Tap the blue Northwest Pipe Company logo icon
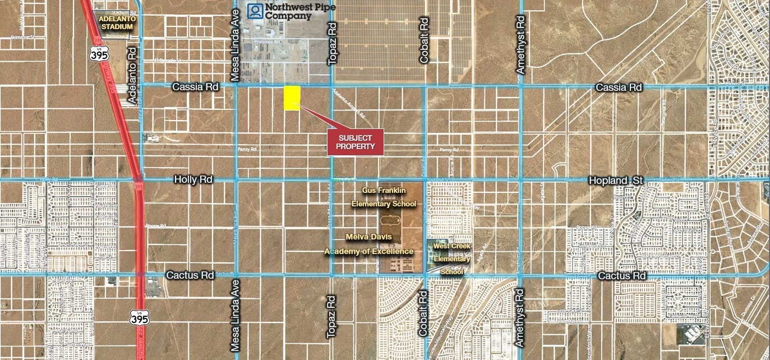256,11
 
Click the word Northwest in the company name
288,7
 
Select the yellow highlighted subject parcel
292,98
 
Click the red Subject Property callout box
355,142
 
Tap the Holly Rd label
193,180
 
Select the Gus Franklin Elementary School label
384,197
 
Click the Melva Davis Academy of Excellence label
368,244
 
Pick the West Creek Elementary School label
452,259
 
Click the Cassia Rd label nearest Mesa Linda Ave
195,87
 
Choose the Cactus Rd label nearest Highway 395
190,275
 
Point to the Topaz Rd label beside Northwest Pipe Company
332,43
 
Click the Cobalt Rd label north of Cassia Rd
424,40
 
